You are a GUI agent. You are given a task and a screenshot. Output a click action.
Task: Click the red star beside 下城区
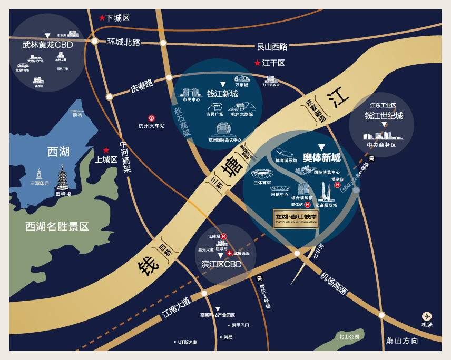point(102,17)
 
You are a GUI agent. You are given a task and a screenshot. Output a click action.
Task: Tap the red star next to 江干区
point(257,63)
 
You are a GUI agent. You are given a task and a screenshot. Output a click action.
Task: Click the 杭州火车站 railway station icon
point(151,118)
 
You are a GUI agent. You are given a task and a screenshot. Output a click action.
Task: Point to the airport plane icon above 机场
point(427,316)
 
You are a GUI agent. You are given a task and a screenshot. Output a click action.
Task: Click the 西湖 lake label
point(58,152)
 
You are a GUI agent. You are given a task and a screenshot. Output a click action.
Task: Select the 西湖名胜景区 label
point(57,227)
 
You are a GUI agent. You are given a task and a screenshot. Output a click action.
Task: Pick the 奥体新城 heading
point(321,157)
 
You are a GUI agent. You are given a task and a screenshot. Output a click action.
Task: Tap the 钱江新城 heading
point(222,94)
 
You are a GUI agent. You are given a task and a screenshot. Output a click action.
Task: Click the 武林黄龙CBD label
point(47,45)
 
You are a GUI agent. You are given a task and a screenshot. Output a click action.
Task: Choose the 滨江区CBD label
point(221,264)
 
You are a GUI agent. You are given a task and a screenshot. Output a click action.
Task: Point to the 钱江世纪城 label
point(384,116)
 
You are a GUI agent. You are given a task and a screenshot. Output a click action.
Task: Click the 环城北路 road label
point(124,42)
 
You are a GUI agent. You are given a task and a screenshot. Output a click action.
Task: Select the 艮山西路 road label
point(272,46)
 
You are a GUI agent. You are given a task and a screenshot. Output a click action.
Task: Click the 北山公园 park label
point(349,336)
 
